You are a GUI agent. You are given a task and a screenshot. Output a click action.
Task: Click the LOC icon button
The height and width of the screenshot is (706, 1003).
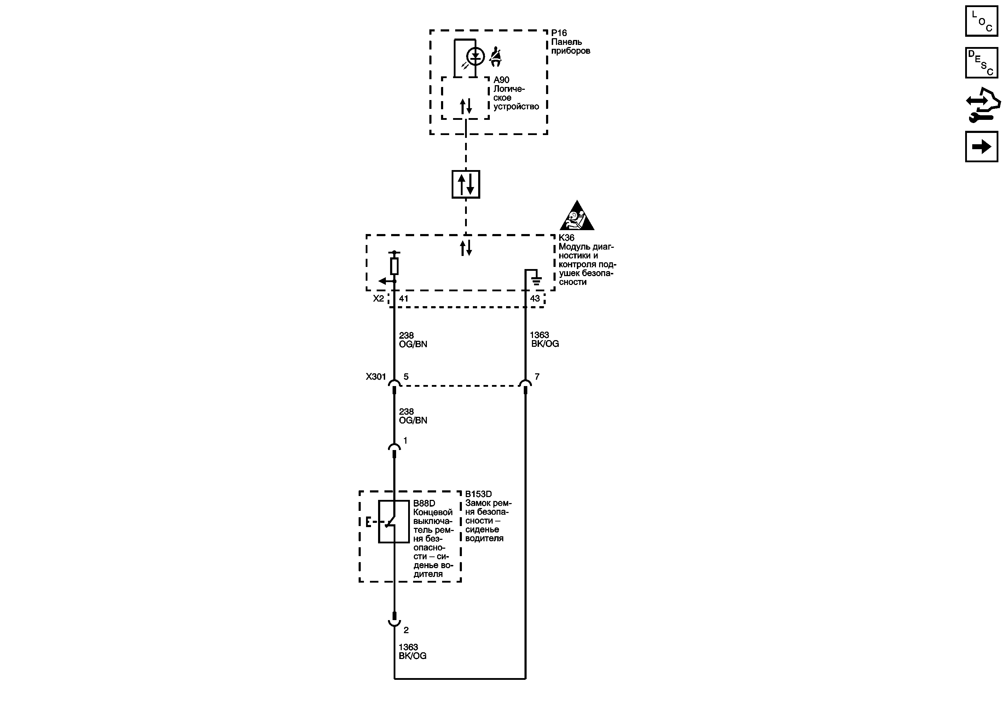tap(981, 21)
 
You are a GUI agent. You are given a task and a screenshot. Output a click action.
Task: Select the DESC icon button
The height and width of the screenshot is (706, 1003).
tap(981, 63)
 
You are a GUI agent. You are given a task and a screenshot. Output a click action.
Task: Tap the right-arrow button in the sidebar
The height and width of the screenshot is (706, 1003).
tap(981, 147)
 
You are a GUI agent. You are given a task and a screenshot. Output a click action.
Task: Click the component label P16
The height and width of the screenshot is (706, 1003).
tap(559, 33)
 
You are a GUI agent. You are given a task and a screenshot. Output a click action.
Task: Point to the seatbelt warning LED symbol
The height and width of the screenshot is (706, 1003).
tap(475, 56)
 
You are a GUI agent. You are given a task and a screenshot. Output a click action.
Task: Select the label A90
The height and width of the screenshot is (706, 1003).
tap(501, 80)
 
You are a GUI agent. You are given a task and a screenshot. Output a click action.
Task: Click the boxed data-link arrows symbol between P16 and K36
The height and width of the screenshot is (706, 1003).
tap(466, 184)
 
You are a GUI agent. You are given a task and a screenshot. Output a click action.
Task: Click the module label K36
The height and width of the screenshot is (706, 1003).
tap(567, 238)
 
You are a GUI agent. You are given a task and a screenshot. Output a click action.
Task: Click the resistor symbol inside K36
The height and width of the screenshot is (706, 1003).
tap(394, 266)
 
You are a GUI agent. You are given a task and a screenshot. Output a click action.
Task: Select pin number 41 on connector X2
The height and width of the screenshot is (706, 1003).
tap(404, 299)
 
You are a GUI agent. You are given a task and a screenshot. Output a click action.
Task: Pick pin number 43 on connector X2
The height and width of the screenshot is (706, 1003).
tap(535, 299)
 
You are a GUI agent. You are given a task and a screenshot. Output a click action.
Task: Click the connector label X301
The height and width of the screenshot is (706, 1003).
tap(376, 377)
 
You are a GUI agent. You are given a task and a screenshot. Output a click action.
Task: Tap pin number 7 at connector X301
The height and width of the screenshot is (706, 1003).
tap(537, 377)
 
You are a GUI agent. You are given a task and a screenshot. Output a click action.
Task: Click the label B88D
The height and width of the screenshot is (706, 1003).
tap(424, 503)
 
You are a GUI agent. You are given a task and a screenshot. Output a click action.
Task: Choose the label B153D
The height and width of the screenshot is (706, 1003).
tap(479, 494)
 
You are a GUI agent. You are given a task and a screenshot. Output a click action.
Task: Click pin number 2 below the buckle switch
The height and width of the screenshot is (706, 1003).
tap(406, 630)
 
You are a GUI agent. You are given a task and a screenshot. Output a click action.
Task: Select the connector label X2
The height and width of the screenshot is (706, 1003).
tap(378, 299)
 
